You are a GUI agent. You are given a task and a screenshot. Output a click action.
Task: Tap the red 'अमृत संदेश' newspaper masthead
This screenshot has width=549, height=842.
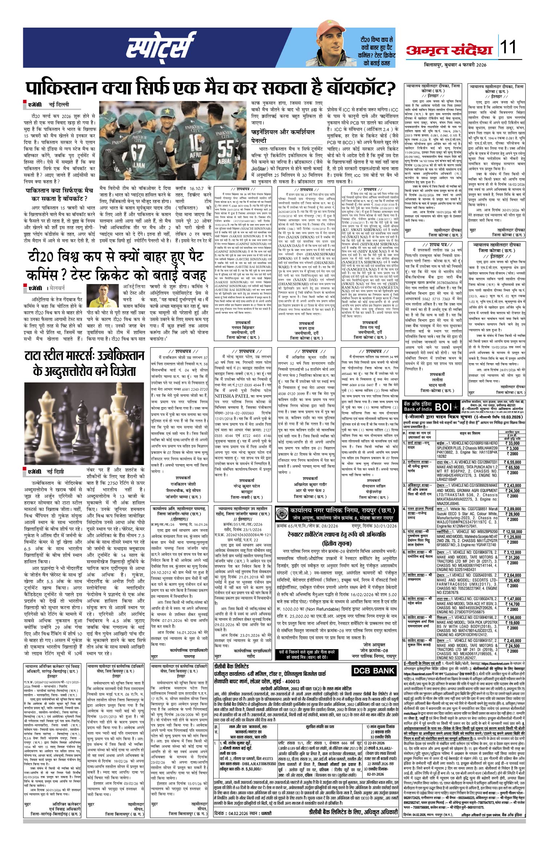pyautogui.click(x=451, y=49)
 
